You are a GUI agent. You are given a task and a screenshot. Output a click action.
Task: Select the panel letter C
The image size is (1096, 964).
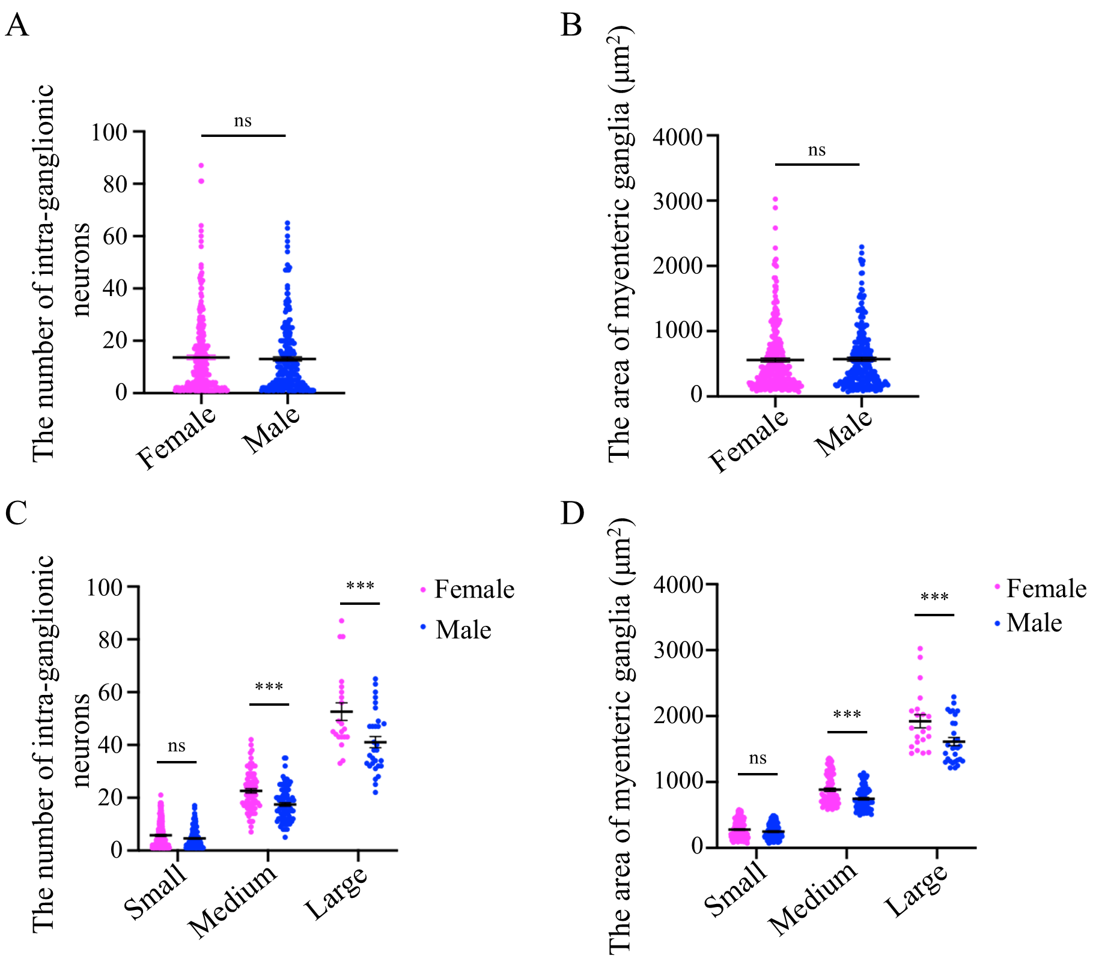coord(16,514)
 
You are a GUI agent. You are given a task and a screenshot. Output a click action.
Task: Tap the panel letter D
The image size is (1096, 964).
coord(572,514)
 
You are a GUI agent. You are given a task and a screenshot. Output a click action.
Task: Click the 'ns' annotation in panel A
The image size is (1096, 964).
coord(243,121)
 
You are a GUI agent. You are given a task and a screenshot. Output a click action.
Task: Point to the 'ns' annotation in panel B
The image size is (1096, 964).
coord(817,150)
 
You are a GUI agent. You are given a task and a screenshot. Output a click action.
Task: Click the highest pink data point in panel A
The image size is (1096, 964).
coord(201,165)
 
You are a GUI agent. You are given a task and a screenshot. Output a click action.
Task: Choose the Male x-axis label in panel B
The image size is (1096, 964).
coord(844,432)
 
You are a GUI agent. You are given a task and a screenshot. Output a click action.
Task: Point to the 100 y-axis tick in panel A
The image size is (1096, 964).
coord(109,132)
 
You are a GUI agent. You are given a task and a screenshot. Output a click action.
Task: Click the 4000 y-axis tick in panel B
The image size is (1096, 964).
coord(678,137)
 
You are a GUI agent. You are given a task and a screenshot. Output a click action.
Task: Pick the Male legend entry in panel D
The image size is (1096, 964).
coord(1034,623)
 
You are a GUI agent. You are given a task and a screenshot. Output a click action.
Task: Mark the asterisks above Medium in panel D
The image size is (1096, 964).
coord(847,715)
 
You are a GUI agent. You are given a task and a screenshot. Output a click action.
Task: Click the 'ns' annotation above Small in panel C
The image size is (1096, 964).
coord(177,747)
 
